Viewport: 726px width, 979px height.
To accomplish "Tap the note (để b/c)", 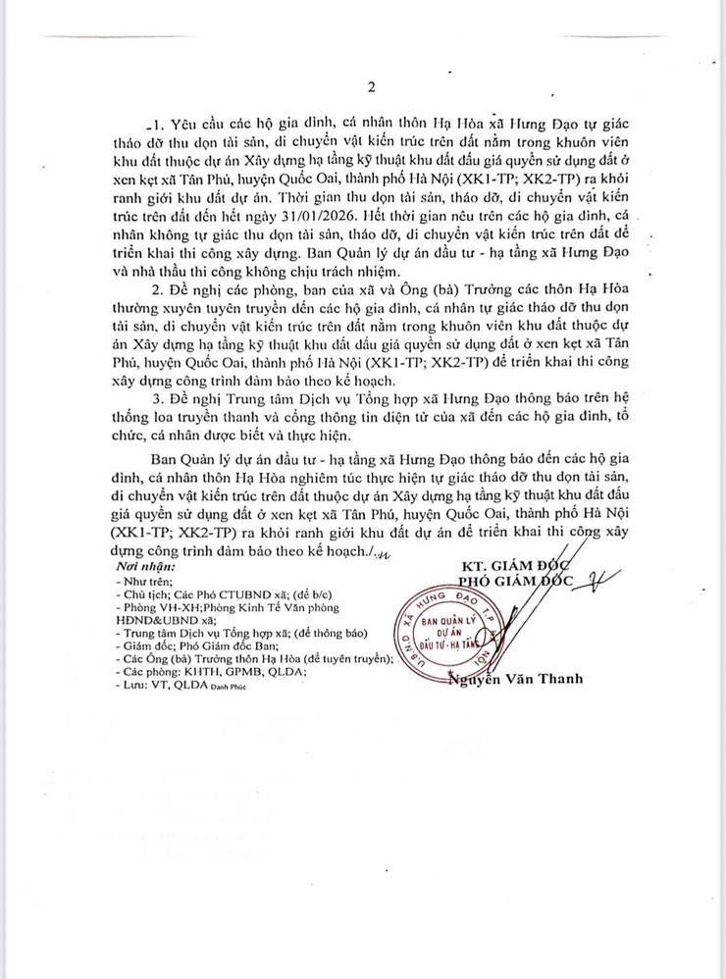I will pos(285,594).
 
